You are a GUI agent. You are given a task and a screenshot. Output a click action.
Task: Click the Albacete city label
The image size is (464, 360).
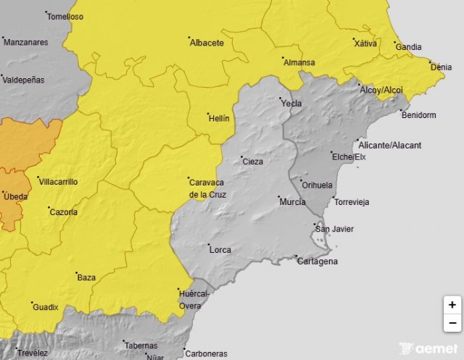[207, 43]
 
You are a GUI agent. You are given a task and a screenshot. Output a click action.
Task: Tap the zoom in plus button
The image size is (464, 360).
[452, 305]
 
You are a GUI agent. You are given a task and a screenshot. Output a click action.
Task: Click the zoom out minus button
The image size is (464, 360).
[452, 323]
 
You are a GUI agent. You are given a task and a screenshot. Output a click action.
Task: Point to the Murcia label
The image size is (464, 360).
[292, 201]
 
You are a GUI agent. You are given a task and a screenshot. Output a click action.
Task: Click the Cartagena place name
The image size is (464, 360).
[318, 261]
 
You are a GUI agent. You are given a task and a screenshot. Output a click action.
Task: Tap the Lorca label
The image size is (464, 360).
[220, 250]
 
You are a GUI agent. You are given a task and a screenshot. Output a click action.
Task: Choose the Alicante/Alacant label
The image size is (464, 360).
[389, 146]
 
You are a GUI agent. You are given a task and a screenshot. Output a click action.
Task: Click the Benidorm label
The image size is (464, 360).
[418, 115]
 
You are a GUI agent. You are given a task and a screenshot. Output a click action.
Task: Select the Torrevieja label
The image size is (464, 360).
[355, 201]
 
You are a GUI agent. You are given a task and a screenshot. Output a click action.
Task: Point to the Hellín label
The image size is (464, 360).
[219, 117]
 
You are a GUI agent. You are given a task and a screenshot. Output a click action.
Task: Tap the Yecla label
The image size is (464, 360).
[291, 104]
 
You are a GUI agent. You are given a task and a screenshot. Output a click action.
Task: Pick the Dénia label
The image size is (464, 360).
[441, 67]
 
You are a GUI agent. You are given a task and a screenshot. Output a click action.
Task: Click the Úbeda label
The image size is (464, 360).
[16, 197]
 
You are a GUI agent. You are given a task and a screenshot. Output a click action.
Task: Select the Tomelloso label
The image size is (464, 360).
[65, 17]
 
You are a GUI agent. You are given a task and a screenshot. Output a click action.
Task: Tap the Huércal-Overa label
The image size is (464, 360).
[194, 299]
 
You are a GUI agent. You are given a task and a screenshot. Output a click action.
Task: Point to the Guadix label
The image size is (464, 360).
[45, 307]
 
